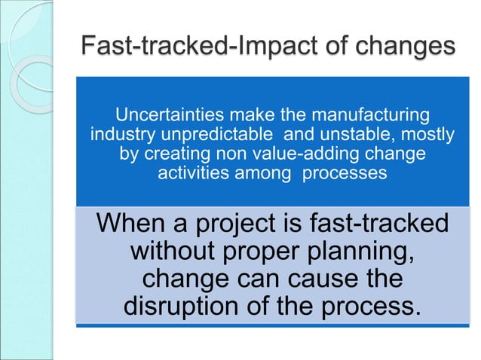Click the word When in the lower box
click(x=138, y=224)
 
